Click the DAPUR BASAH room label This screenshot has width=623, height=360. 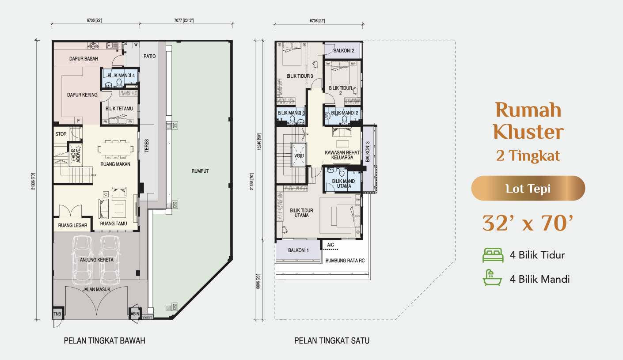pyautogui.click(x=84, y=59)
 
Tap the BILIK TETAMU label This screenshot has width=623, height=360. pyautogui.click(x=119, y=108)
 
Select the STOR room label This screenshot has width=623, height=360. pyautogui.click(x=61, y=134)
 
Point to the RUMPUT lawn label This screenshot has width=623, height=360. pyautogui.click(x=200, y=171)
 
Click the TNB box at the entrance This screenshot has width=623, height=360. pyautogui.click(x=57, y=314)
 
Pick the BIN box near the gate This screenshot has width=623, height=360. pyautogui.click(x=136, y=314)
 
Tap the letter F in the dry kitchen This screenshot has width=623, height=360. pyautogui.click(x=79, y=121)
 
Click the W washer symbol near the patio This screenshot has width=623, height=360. pyautogui.click(x=136, y=45)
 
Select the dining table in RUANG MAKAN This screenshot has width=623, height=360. pyautogui.click(x=115, y=149)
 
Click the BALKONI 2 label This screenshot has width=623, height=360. pyautogui.click(x=344, y=51)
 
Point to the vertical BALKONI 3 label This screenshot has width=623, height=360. pyautogui.click(x=368, y=152)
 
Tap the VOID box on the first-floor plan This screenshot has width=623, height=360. pyautogui.click(x=299, y=155)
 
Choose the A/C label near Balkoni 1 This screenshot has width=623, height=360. pyautogui.click(x=330, y=245)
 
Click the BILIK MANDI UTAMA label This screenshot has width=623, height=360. pyautogui.click(x=344, y=183)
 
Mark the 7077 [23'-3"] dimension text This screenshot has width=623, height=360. pyautogui.click(x=184, y=20)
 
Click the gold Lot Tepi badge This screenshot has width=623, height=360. pyautogui.click(x=528, y=188)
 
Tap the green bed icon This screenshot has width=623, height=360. pyautogui.click(x=493, y=255)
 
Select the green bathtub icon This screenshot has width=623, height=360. pyautogui.click(x=492, y=278)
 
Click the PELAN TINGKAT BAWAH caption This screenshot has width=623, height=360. pyautogui.click(x=105, y=341)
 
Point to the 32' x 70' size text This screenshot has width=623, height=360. pyautogui.click(x=528, y=223)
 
